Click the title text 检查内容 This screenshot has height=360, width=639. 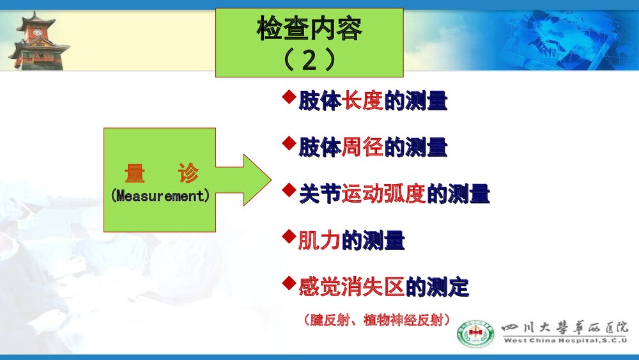click(x=309, y=29)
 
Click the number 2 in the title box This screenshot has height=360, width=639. click(x=309, y=61)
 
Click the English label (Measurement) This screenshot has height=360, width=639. click(x=160, y=196)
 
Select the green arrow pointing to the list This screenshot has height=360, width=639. click(x=245, y=180)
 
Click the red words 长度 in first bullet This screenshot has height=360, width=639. click(x=363, y=102)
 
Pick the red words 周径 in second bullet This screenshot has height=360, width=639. click(x=363, y=148)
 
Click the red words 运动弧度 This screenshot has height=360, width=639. click(x=383, y=194)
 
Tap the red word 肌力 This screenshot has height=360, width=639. click(x=319, y=240)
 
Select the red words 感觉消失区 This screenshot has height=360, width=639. click(x=351, y=287)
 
